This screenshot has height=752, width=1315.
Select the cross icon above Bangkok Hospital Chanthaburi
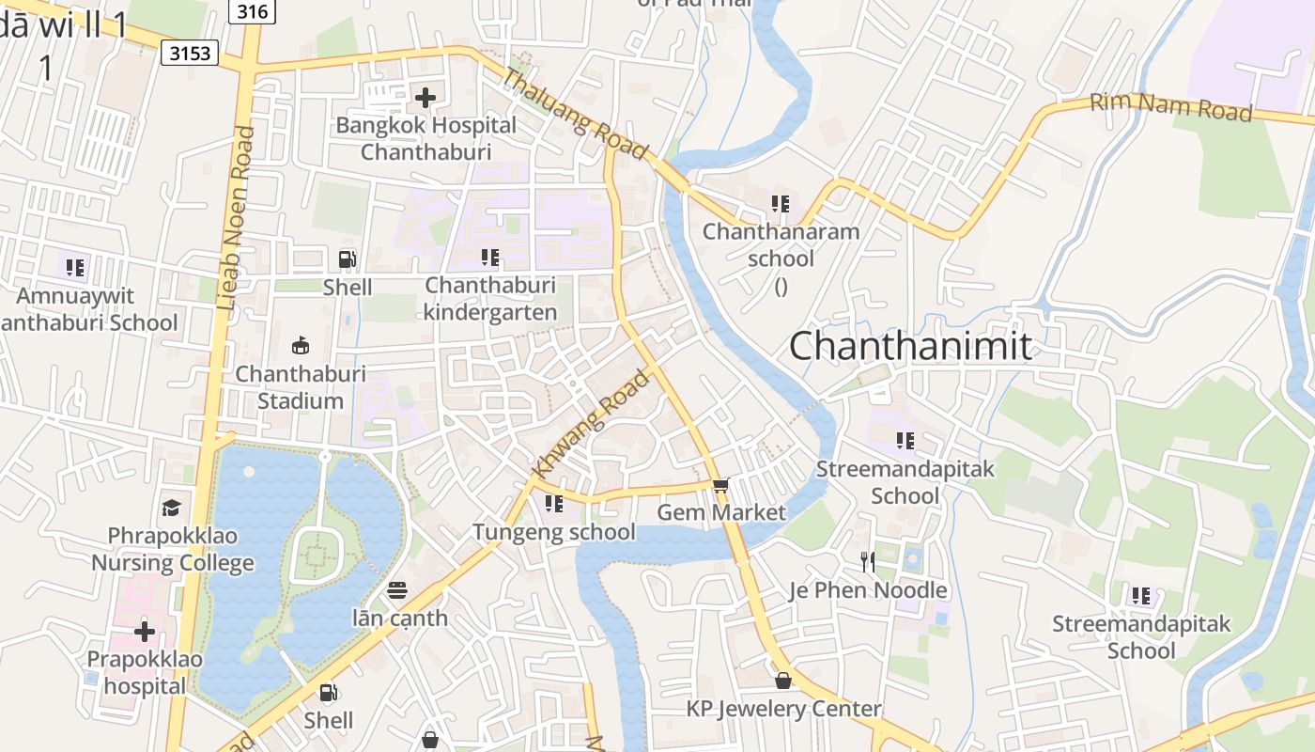(425, 97)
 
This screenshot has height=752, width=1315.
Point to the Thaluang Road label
(574, 114)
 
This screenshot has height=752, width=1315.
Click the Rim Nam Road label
(1170, 107)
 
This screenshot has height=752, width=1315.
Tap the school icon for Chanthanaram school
(780, 203)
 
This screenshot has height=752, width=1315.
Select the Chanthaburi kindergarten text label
(489, 298)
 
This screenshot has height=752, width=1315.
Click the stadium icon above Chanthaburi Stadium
(301, 345)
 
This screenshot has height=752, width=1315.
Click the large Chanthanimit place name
(910, 346)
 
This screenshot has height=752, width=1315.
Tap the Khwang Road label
(591, 424)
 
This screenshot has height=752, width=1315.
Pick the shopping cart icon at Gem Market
(720, 485)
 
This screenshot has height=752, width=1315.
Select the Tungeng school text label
(553, 532)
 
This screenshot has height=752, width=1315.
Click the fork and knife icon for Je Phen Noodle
(868, 562)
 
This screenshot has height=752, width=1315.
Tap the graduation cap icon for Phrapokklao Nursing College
(171, 508)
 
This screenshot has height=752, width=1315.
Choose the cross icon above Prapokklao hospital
(145, 631)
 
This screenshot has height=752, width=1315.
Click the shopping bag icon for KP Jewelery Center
(783, 680)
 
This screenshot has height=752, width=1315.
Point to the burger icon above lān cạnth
(397, 590)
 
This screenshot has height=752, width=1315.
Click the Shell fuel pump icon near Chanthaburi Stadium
(347, 258)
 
